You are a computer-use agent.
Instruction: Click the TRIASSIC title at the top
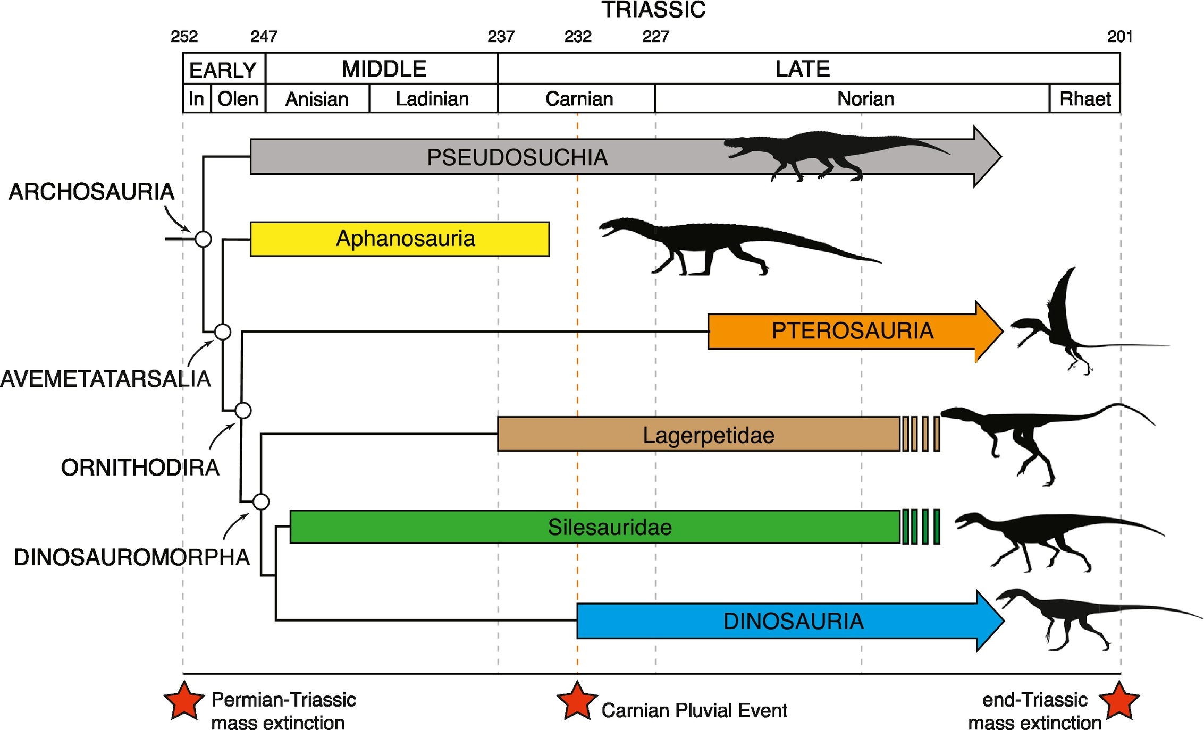(x=653, y=10)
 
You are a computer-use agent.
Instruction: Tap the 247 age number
(x=264, y=36)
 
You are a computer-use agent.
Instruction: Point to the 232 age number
(x=578, y=36)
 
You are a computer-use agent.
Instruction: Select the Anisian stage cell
(x=317, y=98)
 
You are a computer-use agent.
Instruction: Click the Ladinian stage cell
(x=433, y=98)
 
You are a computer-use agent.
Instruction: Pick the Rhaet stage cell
(x=1085, y=98)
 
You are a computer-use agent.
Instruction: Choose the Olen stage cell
(x=238, y=98)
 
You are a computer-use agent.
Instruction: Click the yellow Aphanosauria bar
(x=400, y=239)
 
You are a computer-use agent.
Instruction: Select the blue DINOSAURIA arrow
(x=790, y=621)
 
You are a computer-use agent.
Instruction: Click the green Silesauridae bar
(x=595, y=527)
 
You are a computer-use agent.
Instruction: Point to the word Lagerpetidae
(x=708, y=435)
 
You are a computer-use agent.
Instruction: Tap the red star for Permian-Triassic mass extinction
(x=184, y=700)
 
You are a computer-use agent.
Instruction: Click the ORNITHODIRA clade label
(x=140, y=468)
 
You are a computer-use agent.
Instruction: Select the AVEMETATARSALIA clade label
(x=105, y=379)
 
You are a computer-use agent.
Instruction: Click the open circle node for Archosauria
(x=203, y=239)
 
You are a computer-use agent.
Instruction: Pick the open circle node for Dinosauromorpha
(x=260, y=502)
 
